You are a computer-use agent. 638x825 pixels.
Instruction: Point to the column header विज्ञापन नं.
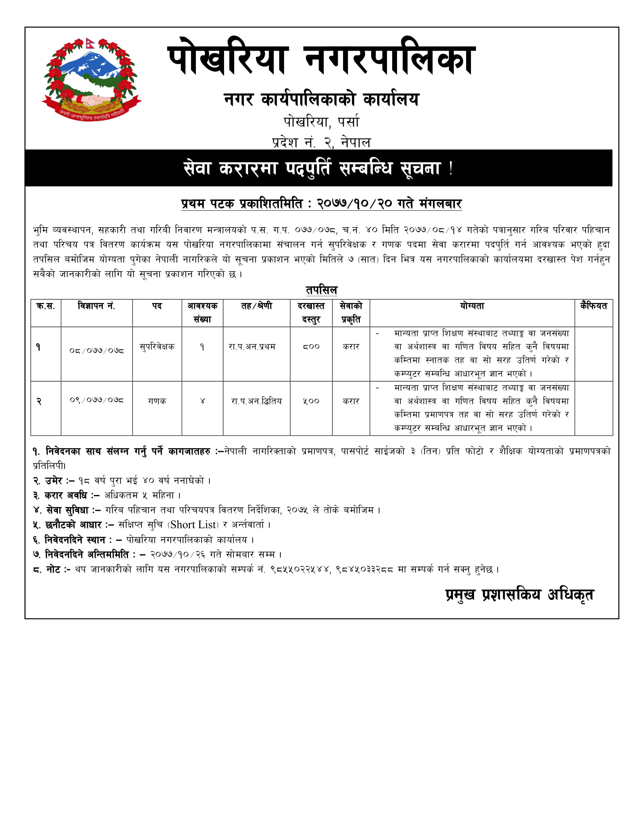[96, 306]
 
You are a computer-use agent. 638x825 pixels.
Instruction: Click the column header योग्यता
[472, 306]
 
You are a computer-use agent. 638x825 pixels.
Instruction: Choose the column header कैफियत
[593, 306]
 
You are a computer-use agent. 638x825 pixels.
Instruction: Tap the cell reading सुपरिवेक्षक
[157, 347]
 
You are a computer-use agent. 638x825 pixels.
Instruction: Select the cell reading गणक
[157, 401]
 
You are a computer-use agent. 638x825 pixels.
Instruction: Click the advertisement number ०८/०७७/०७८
[96, 351]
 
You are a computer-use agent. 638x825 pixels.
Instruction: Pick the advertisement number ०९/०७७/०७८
[96, 400]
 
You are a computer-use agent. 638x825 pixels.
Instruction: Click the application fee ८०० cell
[311, 347]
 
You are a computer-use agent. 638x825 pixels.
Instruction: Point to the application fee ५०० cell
[311, 401]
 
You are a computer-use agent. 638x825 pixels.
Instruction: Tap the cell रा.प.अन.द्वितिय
[256, 401]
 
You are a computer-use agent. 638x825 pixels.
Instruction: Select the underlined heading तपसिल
[321, 290]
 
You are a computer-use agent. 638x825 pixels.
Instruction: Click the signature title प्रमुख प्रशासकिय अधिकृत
[519, 595]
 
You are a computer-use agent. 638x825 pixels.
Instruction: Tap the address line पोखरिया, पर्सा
[321, 122]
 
